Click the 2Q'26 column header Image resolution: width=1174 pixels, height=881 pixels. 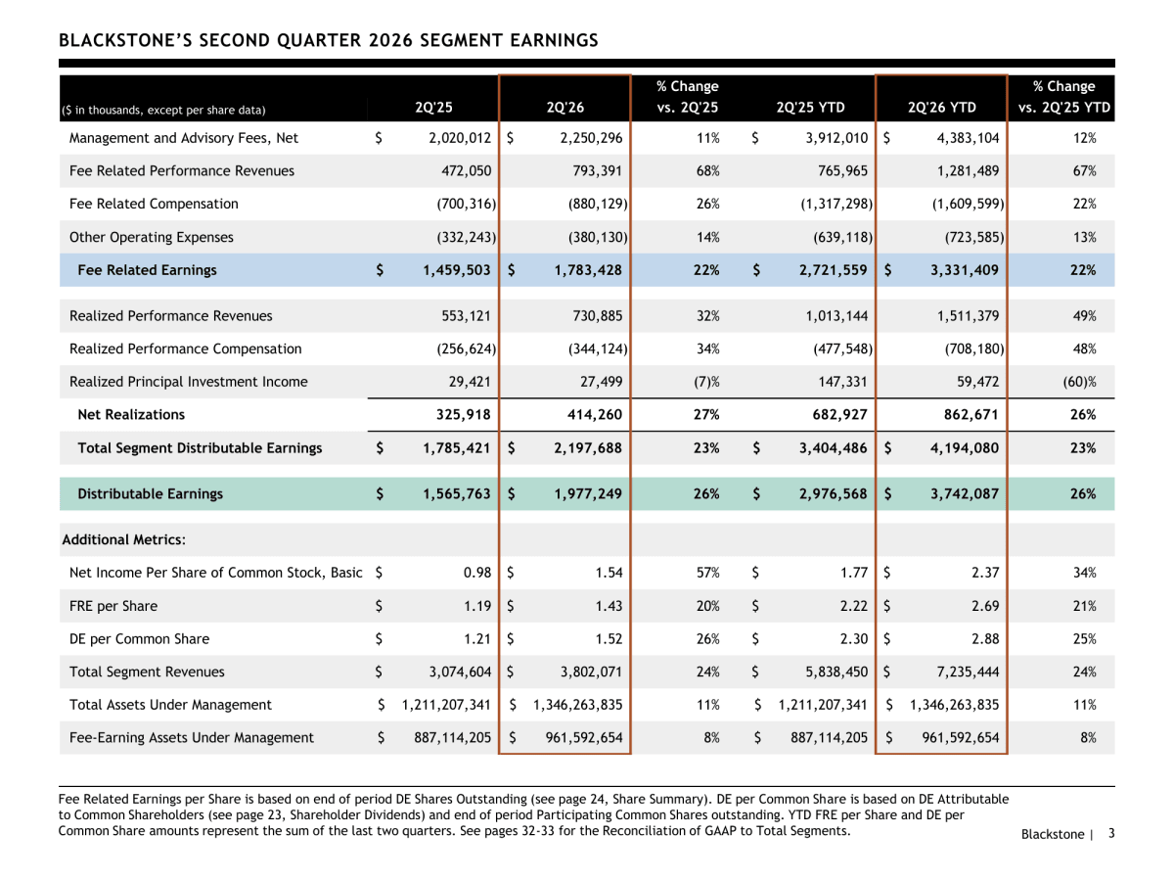point(564,108)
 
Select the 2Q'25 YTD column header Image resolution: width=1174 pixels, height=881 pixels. point(810,108)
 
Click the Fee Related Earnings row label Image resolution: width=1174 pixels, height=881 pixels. point(147,270)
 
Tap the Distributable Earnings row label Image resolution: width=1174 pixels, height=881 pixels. point(151,493)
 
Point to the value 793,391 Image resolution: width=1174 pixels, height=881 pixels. point(597,171)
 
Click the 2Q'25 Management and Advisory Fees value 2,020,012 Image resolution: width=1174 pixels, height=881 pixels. point(460,138)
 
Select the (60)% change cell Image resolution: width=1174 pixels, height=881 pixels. point(1079,382)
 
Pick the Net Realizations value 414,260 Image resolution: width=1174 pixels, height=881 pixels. point(595,414)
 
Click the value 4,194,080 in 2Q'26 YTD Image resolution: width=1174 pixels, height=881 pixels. point(965,448)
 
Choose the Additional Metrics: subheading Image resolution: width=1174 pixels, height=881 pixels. point(124,539)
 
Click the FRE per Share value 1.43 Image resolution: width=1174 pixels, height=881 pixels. point(610,606)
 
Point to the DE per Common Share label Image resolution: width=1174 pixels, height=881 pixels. point(139,639)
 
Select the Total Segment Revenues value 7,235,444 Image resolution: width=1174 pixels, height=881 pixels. point(968,672)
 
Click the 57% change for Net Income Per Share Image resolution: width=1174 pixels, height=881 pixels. point(707,573)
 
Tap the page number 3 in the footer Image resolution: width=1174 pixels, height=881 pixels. point(1111,833)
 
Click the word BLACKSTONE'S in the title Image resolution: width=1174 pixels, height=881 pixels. point(125,41)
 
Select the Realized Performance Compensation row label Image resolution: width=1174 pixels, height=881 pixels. point(186,348)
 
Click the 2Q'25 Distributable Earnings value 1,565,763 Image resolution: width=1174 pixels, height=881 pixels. point(456,493)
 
